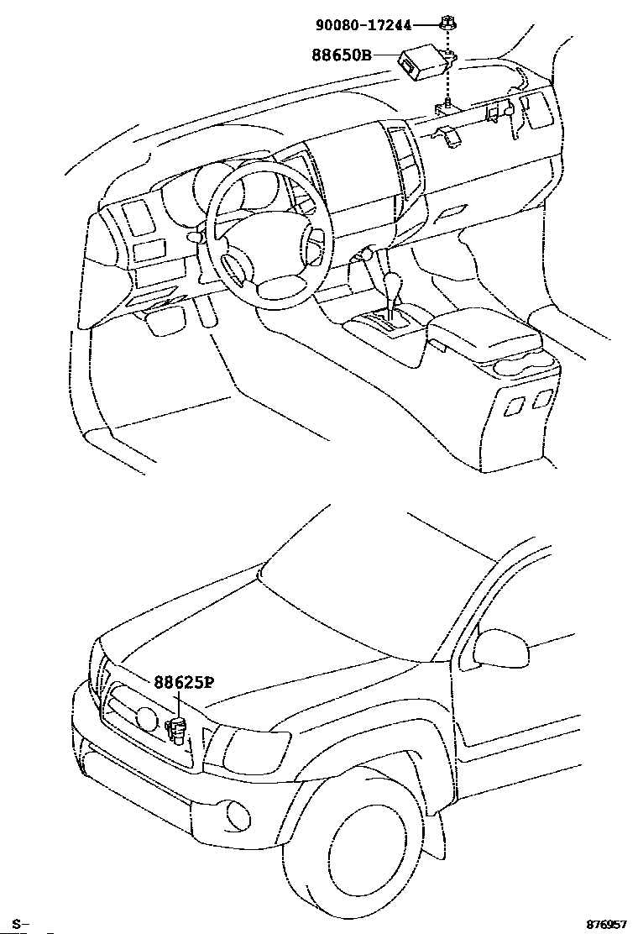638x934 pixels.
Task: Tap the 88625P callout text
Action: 184,682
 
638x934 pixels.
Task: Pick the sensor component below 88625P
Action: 177,728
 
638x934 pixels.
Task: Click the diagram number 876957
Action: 605,923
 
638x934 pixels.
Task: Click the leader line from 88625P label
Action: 178,701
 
